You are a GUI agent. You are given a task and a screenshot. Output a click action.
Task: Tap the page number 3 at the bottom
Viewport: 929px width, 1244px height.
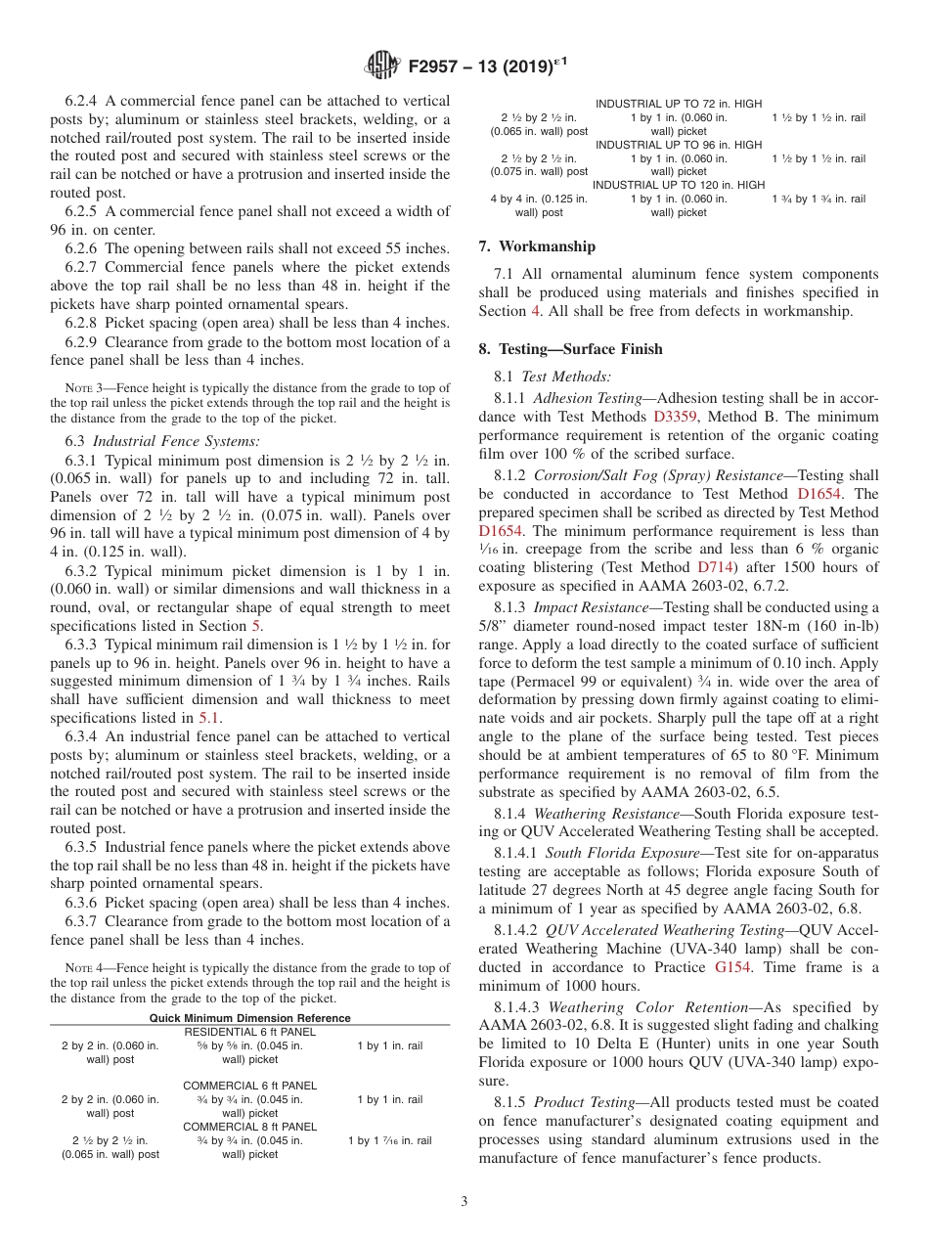(x=464, y=1201)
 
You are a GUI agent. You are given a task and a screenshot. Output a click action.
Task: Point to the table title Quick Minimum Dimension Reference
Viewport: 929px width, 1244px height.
(x=249, y=1018)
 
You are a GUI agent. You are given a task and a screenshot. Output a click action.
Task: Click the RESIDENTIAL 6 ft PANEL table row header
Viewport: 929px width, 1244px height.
(x=249, y=1032)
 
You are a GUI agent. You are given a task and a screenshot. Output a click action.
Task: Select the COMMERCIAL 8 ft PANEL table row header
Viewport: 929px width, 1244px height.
(x=249, y=1127)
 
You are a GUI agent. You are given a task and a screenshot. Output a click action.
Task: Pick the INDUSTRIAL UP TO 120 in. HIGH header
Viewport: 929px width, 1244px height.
(x=679, y=185)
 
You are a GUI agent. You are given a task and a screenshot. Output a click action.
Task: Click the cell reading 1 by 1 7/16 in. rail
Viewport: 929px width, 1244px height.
(x=389, y=1140)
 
